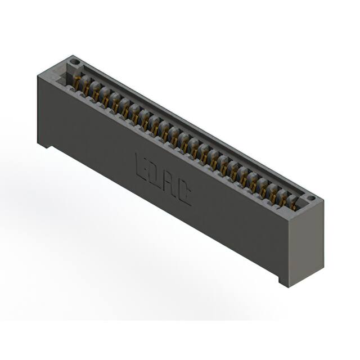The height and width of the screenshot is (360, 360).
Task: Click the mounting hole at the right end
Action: pos(310,199)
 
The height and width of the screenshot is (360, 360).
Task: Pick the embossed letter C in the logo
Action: pos(184,193)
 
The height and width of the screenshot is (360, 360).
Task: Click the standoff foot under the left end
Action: pos(44,145)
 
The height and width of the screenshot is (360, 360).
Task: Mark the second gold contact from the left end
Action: pos(87,88)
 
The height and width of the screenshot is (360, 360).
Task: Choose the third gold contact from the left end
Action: pos(96,93)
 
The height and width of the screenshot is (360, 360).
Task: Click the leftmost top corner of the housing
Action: pos(37,75)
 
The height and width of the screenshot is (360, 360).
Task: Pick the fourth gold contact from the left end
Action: pos(106,99)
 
